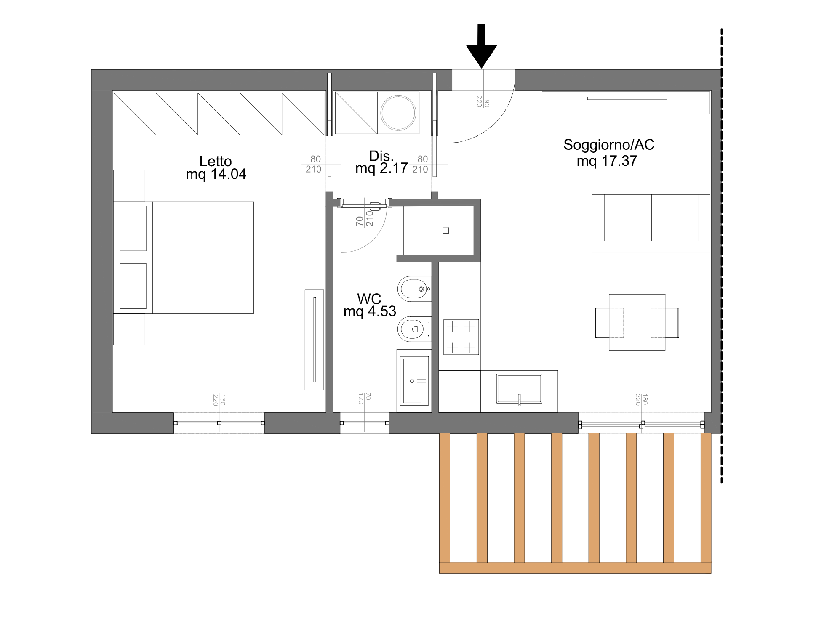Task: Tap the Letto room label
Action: pos(216,161)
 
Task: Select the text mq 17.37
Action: pos(607,161)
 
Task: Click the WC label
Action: pos(369,299)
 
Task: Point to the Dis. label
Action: pos(381,156)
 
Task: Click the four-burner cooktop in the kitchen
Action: pos(461,337)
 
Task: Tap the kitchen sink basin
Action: pos(519,388)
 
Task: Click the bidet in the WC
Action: pos(414,289)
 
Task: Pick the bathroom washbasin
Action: pos(413,380)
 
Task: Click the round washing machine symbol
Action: pos(398,113)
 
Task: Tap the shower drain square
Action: pos(446,230)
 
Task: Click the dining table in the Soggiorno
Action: pos(637,322)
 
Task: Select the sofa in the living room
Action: pos(651,223)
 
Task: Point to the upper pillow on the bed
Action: pos(133,228)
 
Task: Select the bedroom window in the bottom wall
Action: pos(219,423)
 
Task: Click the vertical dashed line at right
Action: pos(722,256)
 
